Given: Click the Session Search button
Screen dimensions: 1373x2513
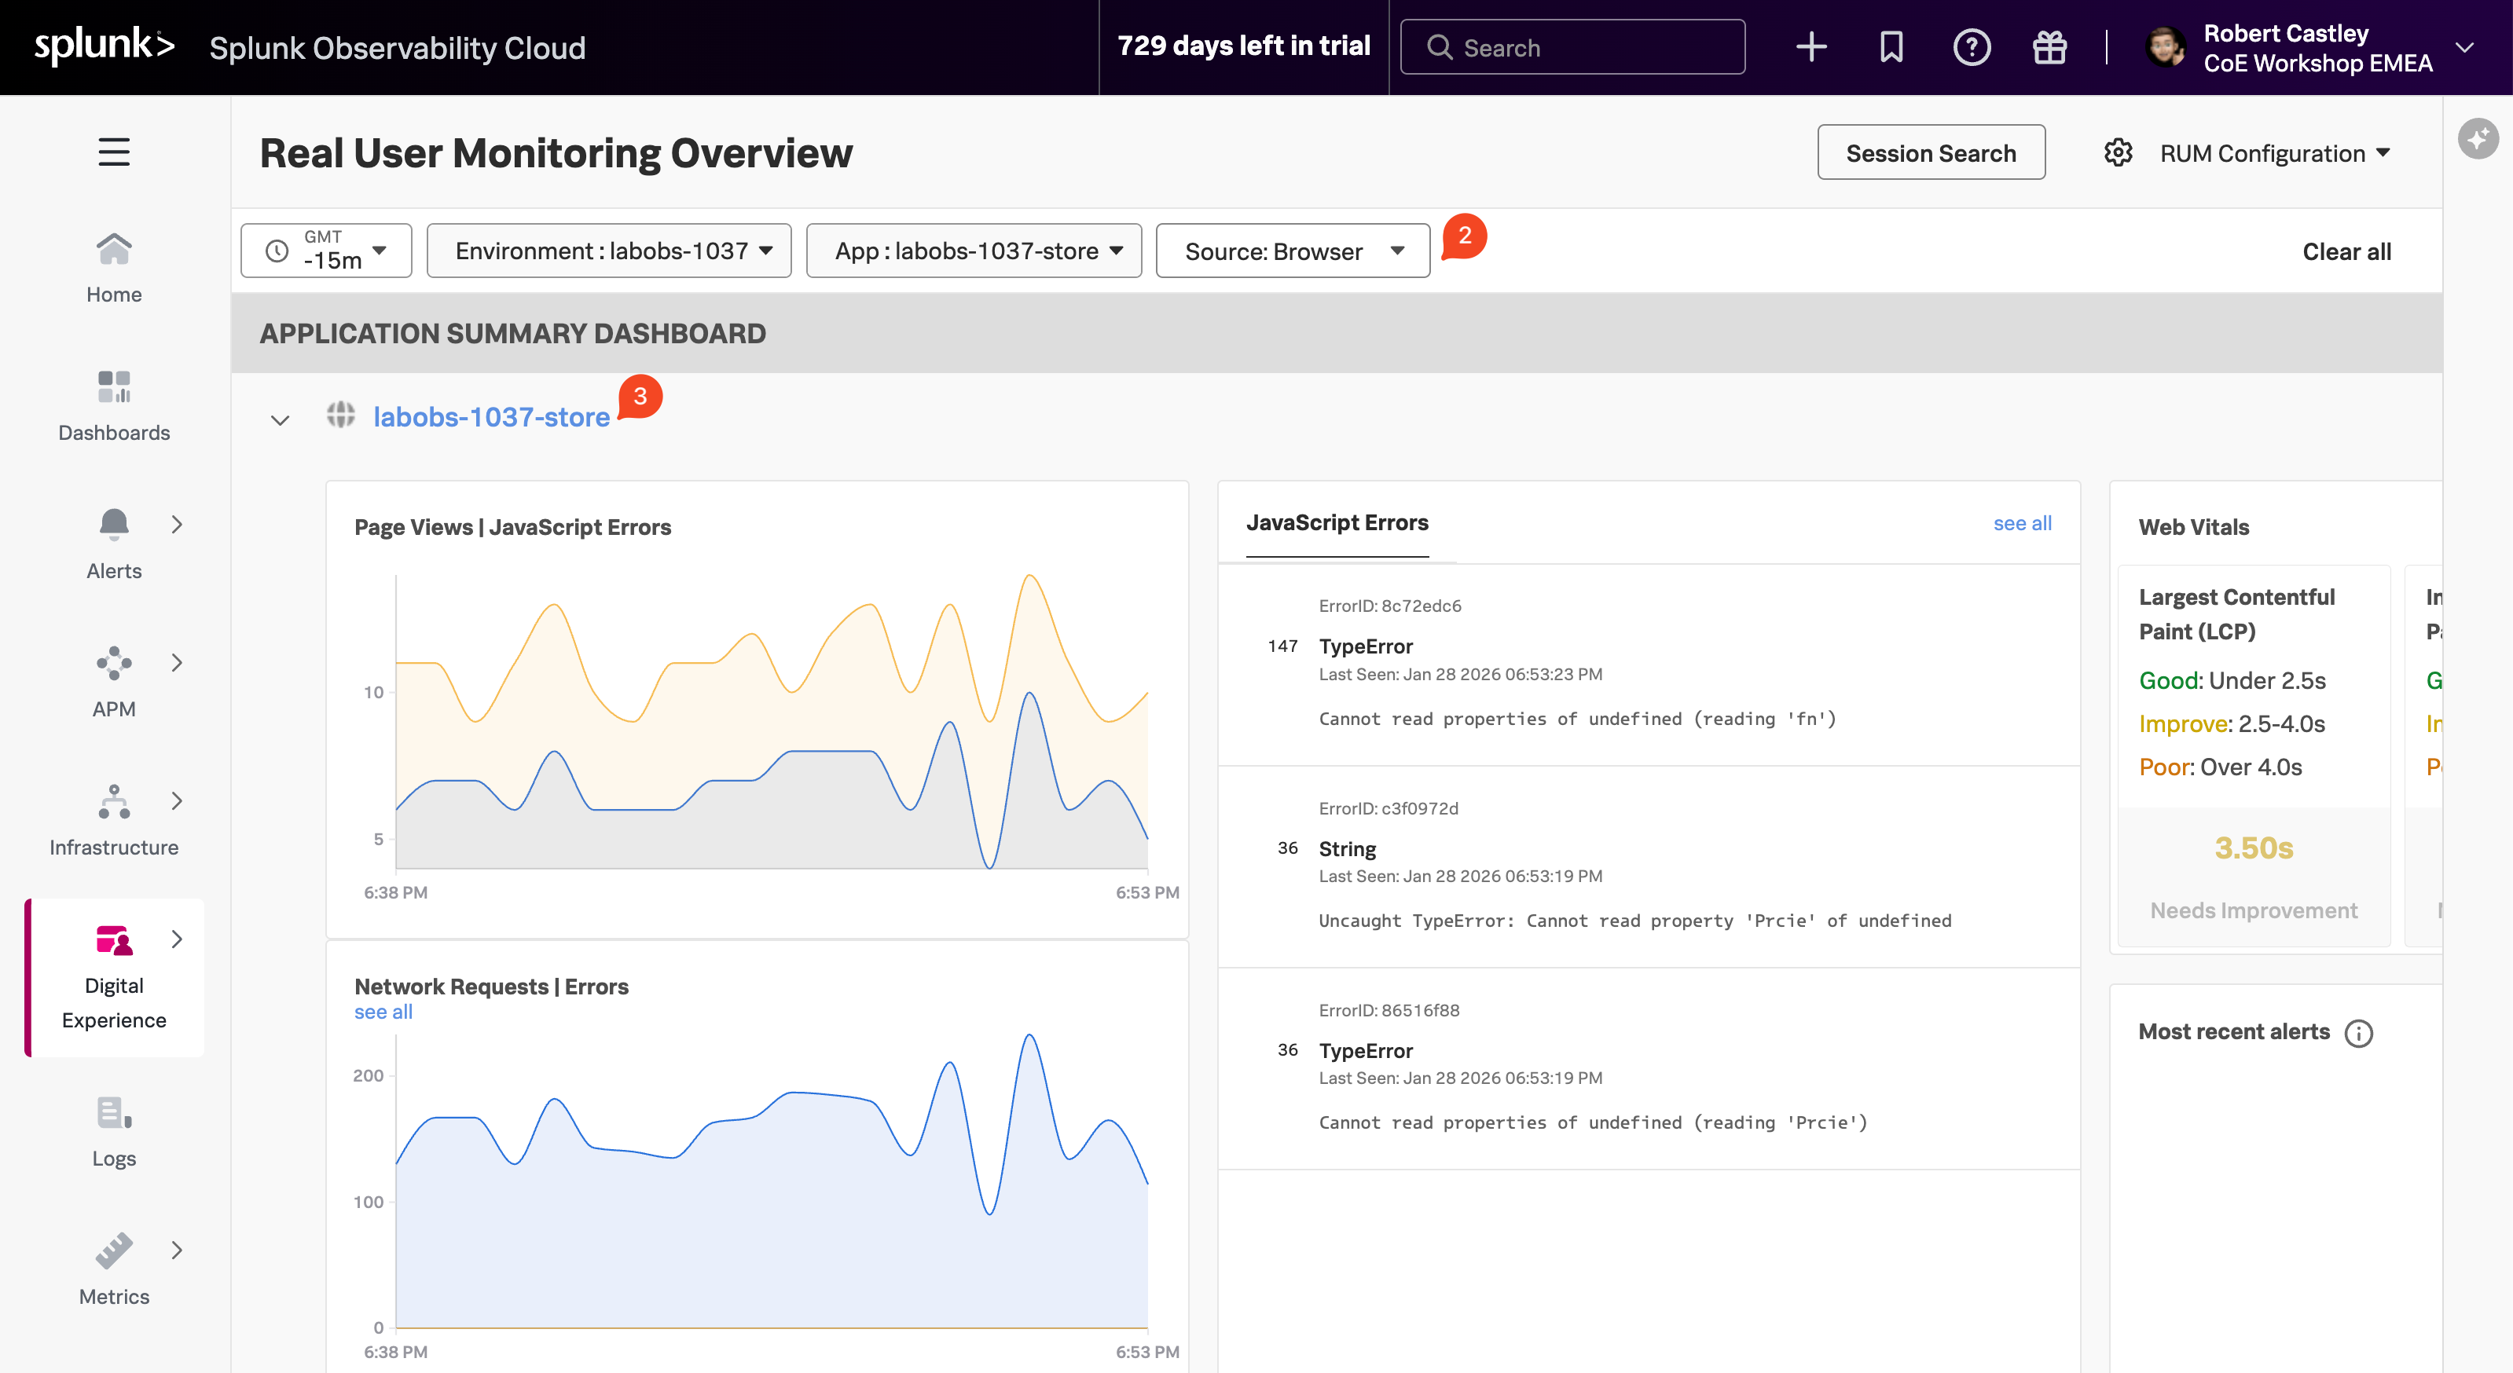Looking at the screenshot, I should [x=1930, y=153].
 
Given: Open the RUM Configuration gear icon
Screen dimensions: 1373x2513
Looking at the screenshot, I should [x=2118, y=153].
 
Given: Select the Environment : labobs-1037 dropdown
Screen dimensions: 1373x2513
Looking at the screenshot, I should [x=609, y=251].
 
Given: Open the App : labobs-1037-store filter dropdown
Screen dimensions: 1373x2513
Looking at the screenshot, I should [x=973, y=251].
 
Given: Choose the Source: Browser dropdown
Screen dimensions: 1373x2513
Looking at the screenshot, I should [x=1292, y=251].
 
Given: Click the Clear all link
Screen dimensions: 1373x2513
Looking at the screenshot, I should [x=2346, y=251].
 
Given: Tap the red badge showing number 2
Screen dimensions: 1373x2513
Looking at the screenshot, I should [x=1463, y=236].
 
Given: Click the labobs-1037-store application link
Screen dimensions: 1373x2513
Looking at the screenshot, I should [x=490, y=417].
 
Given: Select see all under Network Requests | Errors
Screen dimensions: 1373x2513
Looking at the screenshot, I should [x=383, y=1012].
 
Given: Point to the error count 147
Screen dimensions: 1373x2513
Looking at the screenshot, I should [x=1282, y=646].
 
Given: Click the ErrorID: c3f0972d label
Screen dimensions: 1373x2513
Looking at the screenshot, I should [x=1389, y=808].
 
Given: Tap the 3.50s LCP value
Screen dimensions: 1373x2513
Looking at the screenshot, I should [x=2254, y=848].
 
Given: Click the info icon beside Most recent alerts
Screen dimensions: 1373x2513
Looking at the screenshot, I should [x=2359, y=1034].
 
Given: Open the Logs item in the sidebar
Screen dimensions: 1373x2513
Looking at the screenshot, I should [x=114, y=1131].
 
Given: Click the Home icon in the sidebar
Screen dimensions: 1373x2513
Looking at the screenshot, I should [x=114, y=250].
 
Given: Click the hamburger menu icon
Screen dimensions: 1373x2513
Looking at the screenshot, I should [x=114, y=152].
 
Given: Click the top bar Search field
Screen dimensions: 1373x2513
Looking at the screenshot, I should [x=1572, y=48].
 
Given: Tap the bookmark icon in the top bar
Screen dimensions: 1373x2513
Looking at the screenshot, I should [x=1891, y=47].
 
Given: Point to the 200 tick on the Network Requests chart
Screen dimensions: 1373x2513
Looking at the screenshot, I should [x=368, y=1075].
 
